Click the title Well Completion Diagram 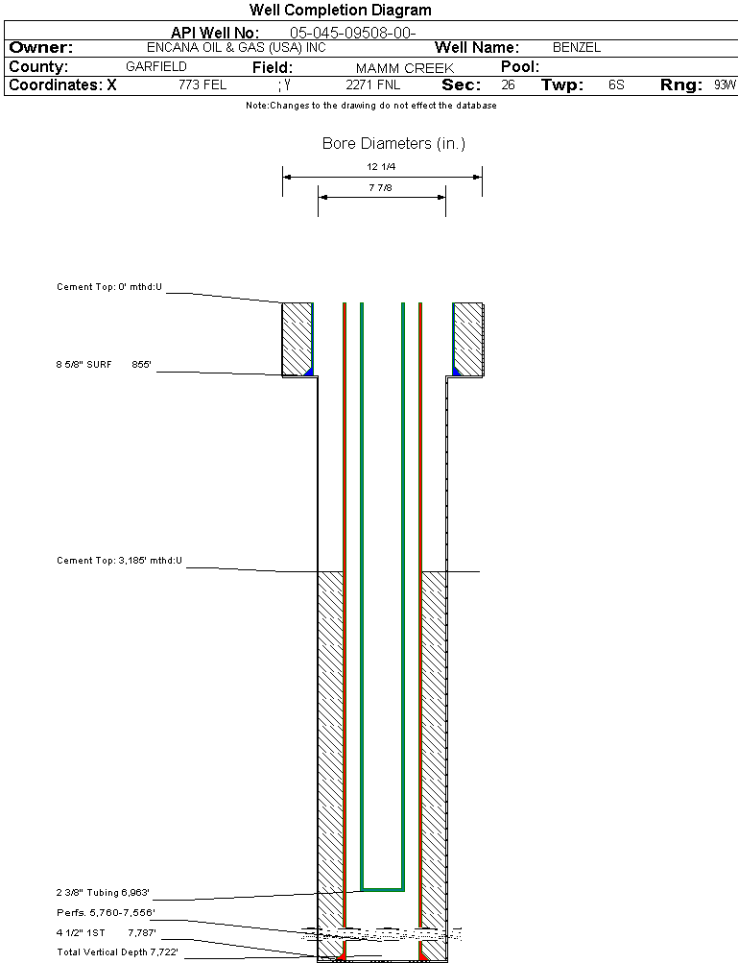pos(340,11)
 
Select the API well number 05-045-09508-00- pos(352,33)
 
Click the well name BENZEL pos(577,47)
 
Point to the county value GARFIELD pos(156,67)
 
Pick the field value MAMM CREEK pos(404,68)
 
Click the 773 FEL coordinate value pos(202,84)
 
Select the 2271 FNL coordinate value pos(372,84)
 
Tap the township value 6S pos(616,84)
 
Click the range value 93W pos(725,84)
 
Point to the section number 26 pos(508,84)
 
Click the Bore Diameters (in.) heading pos(393,144)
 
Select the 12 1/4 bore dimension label pos(381,167)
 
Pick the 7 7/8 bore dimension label pos(381,188)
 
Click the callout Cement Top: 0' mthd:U pos(109,287)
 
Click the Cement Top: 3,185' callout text pos(119,560)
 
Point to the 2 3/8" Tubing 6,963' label pos(103,892)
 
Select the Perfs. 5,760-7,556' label pos(106,912)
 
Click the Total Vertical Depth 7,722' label pos(117,951)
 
